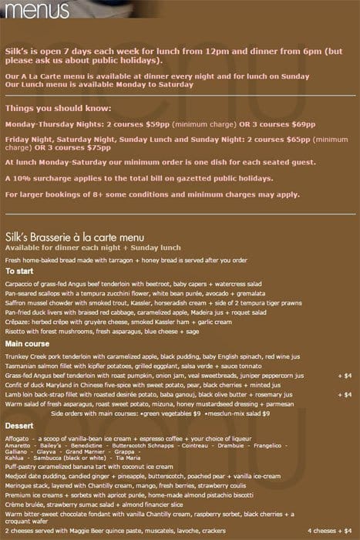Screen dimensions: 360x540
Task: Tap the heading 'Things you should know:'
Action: [58, 108]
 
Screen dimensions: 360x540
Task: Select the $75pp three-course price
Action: [98, 148]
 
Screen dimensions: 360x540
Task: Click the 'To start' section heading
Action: [20, 271]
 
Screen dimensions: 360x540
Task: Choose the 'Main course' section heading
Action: [27, 343]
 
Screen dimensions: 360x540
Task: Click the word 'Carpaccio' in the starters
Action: [22, 284]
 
